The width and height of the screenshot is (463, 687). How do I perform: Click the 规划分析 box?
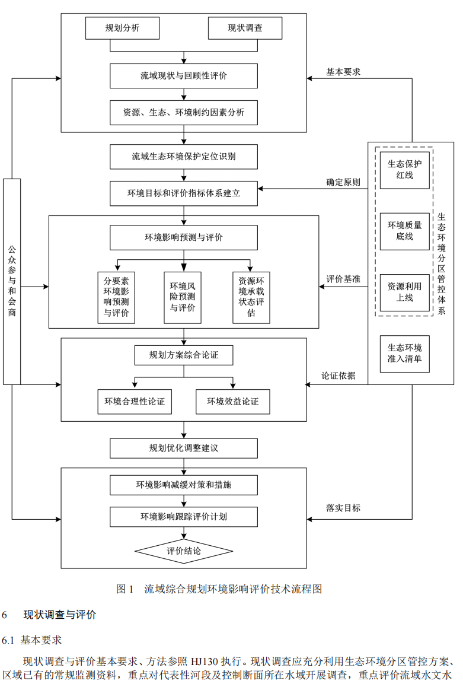[123, 28]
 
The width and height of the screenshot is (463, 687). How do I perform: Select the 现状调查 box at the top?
[245, 28]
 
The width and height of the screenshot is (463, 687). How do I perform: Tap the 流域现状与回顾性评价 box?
[184, 76]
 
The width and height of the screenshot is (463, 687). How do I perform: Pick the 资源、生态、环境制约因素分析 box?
[184, 113]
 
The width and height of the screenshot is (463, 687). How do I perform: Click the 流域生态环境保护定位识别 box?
[184, 157]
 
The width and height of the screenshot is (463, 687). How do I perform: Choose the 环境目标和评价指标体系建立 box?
[184, 193]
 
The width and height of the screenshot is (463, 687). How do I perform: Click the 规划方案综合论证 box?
[184, 355]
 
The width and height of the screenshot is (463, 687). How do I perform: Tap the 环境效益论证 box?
[232, 402]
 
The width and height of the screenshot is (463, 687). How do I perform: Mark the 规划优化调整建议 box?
[184, 448]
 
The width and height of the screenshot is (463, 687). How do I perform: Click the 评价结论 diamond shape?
[184, 551]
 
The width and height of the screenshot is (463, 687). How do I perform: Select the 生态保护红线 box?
[405, 169]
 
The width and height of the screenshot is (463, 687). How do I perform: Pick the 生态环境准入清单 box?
[405, 354]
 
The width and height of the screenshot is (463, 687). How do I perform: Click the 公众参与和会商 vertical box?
[12, 281]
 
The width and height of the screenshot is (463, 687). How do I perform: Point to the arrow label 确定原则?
[343, 182]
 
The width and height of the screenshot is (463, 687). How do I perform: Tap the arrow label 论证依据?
[339, 376]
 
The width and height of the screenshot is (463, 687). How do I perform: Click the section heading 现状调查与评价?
[59, 615]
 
